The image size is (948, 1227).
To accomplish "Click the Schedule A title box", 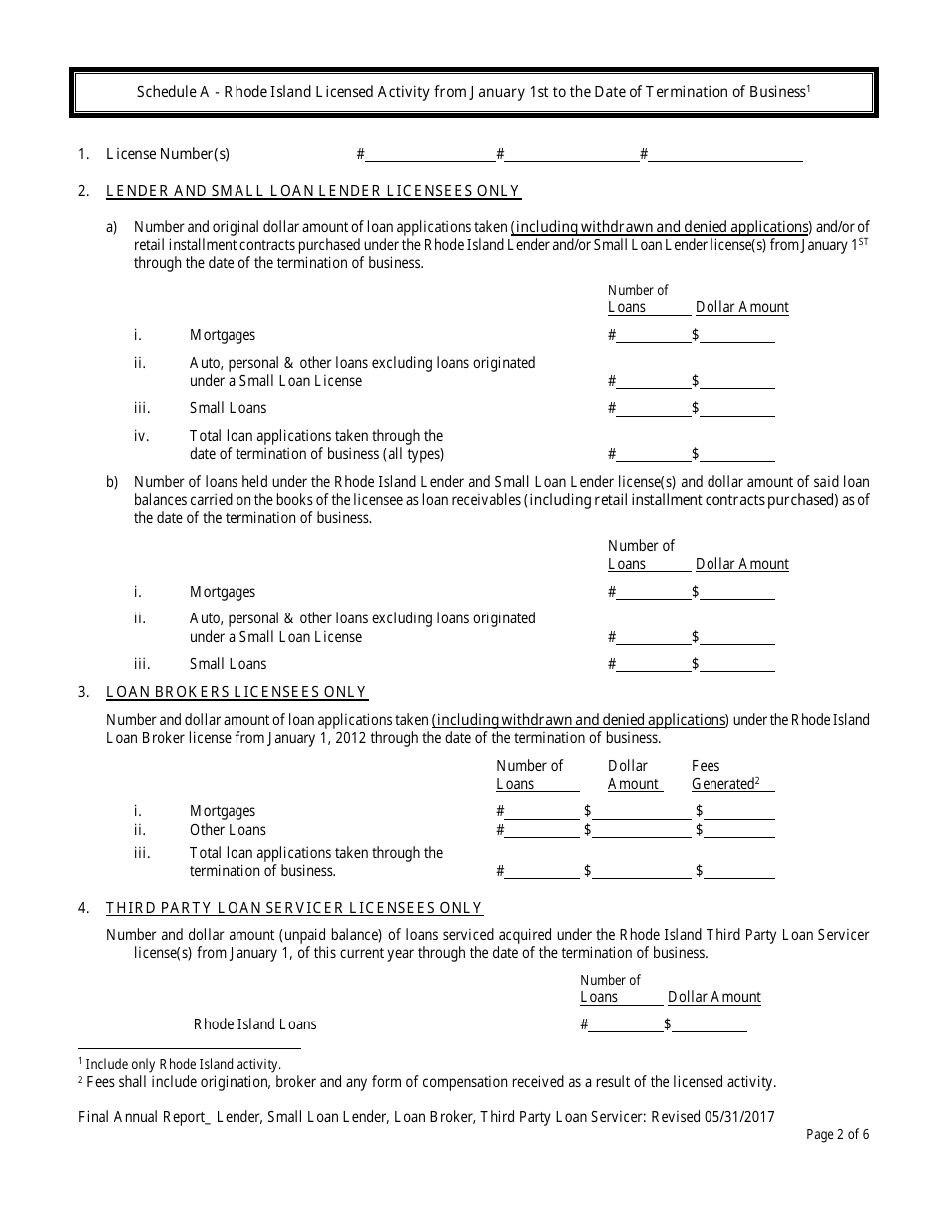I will point(474,92).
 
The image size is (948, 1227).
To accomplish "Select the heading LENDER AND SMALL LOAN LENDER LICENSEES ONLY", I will point(312,191).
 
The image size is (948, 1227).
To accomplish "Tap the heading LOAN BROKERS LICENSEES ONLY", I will point(237,692).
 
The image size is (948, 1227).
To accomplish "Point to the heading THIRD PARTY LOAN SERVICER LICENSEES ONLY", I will point(294,908).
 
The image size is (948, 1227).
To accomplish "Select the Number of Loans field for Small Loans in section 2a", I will point(653,408).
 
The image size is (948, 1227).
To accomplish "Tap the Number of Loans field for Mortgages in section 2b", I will point(653,592).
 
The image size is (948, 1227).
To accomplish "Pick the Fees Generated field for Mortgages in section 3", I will point(739,811).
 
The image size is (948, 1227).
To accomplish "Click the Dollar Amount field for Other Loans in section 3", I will point(641,830).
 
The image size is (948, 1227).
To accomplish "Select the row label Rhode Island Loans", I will point(254,1024).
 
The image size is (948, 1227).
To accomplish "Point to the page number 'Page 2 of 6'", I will point(836,1134).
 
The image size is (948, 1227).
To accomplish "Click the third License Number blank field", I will point(725,154).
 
